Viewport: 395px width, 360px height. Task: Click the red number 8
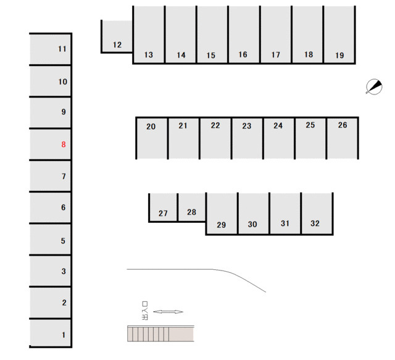64,144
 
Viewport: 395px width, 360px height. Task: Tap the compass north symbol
374,86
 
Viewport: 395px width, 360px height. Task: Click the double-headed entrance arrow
168,312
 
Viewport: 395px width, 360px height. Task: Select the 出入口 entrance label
145,311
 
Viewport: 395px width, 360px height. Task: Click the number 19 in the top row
339,55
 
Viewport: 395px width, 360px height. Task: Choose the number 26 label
343,125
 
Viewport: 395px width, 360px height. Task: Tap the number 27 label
163,213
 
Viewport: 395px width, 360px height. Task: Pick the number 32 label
315,224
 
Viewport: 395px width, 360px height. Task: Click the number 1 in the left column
64,335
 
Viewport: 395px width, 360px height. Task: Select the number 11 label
62,49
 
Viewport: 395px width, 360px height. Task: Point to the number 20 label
151,127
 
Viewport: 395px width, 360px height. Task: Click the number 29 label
221,225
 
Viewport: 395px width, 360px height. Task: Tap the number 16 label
243,54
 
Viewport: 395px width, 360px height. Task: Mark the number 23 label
247,126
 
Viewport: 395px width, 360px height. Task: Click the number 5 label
63,241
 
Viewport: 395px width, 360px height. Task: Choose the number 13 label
149,55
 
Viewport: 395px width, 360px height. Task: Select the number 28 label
191,212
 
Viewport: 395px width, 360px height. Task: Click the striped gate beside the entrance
160,333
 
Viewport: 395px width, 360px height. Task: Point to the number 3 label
64,271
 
